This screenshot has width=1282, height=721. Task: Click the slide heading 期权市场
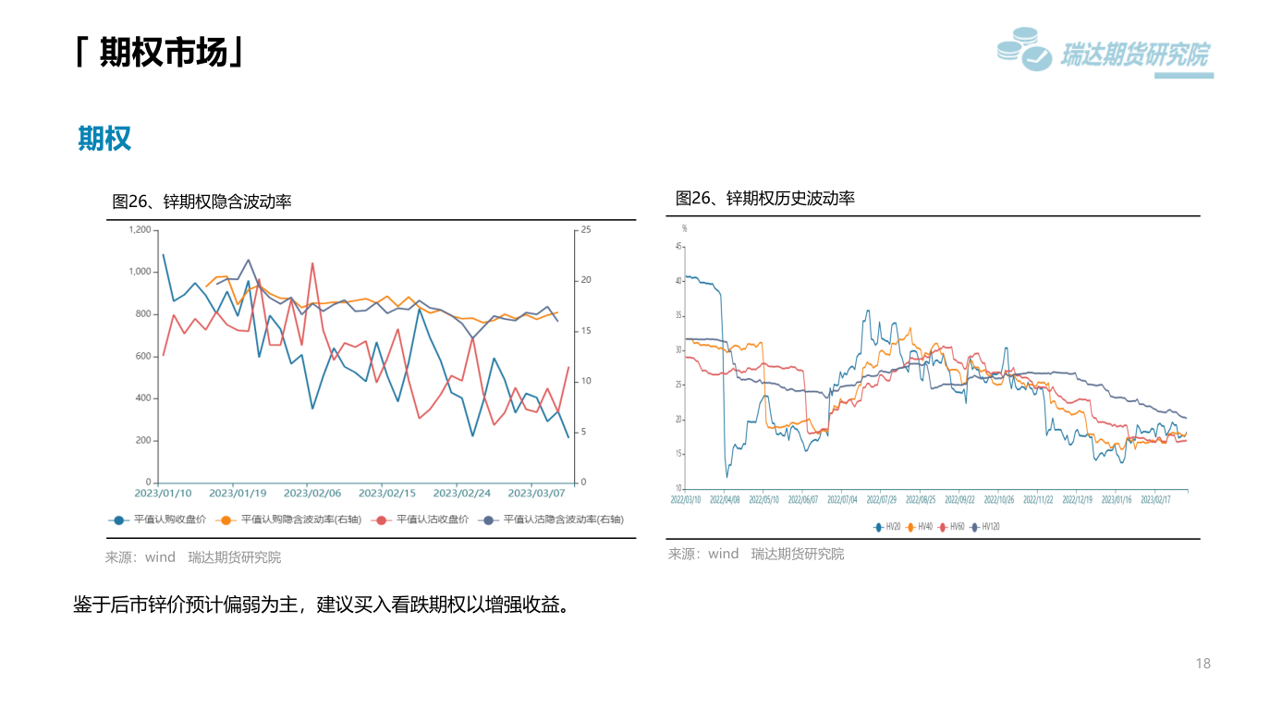coord(163,54)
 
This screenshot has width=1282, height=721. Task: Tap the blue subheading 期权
coord(104,139)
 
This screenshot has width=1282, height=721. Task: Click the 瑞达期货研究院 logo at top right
coord(1105,54)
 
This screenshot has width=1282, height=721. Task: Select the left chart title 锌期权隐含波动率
coord(201,201)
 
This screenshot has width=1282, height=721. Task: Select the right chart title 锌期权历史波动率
coord(765,198)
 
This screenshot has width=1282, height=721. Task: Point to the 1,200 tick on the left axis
coord(140,229)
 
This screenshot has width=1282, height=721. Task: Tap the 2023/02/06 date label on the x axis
coord(311,494)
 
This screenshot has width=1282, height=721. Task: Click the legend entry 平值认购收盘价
coord(159,520)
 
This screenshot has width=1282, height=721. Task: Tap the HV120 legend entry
coord(985,527)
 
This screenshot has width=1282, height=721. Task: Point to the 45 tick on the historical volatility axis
coord(678,247)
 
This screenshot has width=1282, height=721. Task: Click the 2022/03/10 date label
coord(686,499)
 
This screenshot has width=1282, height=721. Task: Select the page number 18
coord(1203,664)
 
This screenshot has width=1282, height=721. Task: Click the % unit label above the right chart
coord(685,228)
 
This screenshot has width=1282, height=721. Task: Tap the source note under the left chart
coord(193,557)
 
